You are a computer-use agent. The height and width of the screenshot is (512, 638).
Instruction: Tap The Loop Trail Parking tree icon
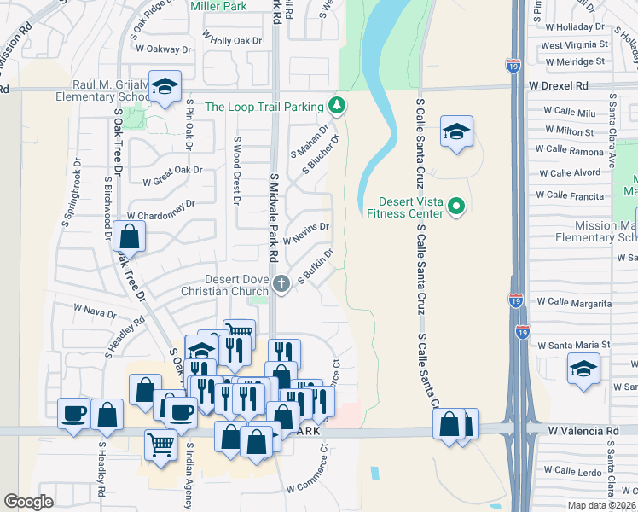click(x=338, y=106)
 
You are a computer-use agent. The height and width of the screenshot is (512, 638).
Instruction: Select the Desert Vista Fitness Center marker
click(x=456, y=206)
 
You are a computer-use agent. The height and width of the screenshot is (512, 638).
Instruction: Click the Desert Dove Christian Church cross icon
click(x=283, y=284)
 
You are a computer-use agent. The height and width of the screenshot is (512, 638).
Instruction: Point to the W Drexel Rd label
click(x=559, y=86)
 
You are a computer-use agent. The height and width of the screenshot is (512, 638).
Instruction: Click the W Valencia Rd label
click(x=583, y=432)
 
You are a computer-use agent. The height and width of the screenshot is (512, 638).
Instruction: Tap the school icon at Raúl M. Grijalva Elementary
click(x=164, y=87)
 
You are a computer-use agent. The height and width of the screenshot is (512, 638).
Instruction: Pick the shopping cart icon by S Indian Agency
click(x=160, y=443)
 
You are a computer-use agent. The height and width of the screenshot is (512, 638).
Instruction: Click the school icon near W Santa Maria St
click(x=583, y=369)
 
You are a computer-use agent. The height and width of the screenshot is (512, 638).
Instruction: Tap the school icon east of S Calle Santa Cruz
click(x=456, y=131)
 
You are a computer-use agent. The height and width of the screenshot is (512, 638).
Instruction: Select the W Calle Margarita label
click(x=579, y=303)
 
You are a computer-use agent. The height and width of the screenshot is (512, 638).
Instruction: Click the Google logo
click(x=29, y=502)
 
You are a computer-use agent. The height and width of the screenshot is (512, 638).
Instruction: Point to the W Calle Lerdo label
click(x=577, y=471)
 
